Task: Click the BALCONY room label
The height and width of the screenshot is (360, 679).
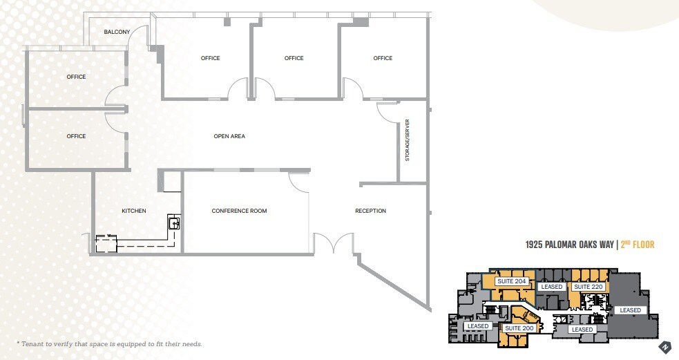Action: click(117, 32)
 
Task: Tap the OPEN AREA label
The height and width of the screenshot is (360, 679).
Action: click(229, 136)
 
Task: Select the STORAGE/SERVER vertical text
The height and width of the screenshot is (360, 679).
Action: click(408, 140)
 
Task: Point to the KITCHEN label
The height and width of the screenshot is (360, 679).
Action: click(134, 211)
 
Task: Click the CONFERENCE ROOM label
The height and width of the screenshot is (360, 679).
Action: click(239, 211)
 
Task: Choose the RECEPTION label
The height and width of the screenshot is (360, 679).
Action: click(370, 211)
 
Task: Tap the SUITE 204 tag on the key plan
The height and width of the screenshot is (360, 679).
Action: click(512, 281)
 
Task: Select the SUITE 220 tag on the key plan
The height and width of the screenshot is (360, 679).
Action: click(589, 287)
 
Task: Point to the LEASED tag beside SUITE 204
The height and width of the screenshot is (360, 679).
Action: click(552, 287)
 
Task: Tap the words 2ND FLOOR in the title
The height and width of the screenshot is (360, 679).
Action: click(637, 245)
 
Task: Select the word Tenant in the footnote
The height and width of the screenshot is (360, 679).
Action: click(35, 343)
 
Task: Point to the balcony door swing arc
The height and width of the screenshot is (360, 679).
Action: click(140, 36)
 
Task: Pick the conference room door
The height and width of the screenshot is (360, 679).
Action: click(299, 181)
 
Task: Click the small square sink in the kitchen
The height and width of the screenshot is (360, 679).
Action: click(175, 222)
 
